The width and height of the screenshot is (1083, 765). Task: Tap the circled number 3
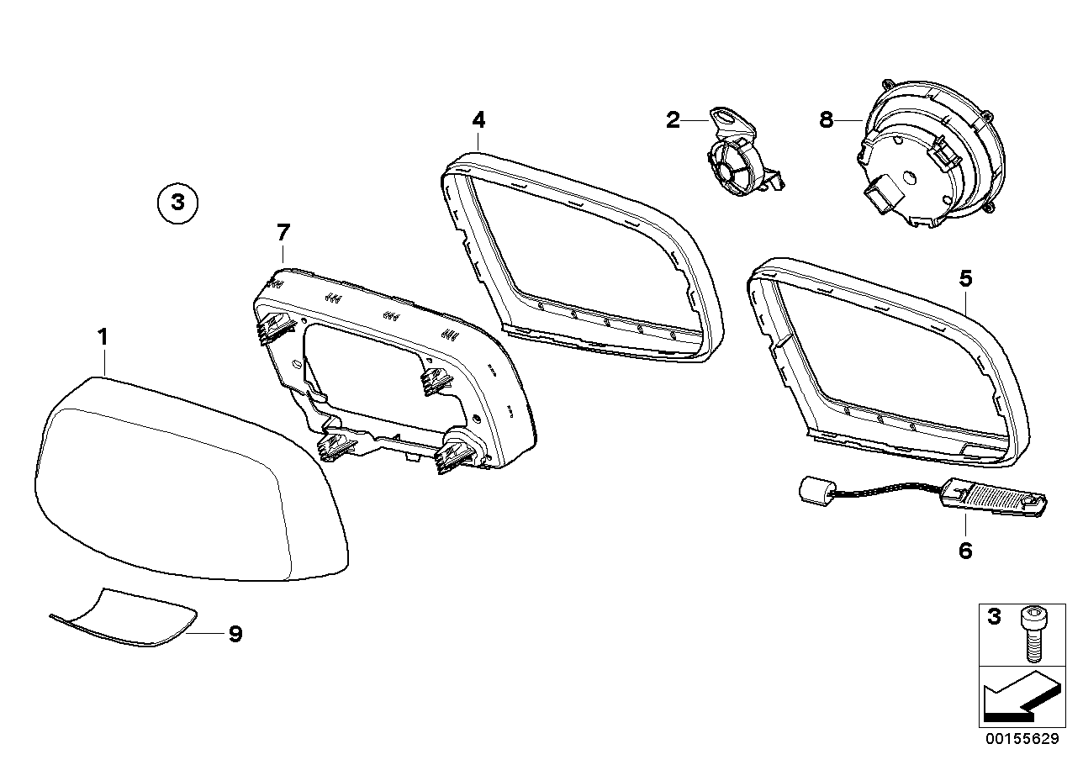(176, 203)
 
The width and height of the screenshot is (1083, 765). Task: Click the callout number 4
(478, 120)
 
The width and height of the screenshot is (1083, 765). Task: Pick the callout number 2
(672, 120)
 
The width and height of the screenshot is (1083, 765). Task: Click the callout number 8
(826, 120)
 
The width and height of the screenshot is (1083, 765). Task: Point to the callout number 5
(965, 277)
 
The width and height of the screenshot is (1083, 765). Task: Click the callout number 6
(964, 551)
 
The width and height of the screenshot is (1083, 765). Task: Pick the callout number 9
(235, 634)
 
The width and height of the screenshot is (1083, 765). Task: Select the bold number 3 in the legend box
(994, 618)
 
